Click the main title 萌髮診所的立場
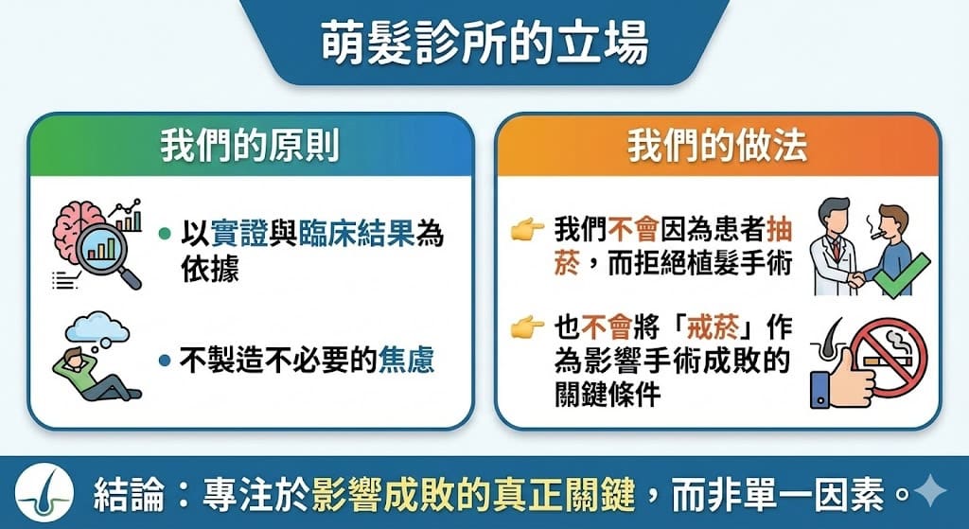484,44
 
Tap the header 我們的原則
250,147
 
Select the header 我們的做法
717,147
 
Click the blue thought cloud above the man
97,328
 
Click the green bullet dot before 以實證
165,234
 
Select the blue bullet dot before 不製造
165,360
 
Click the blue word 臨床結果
357,234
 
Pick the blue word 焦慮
405,360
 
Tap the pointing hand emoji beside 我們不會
527,231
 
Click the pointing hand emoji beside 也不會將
527,326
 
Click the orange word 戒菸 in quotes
713,327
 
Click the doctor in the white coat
835,247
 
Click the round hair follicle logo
44,492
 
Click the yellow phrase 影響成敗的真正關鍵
473,494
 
